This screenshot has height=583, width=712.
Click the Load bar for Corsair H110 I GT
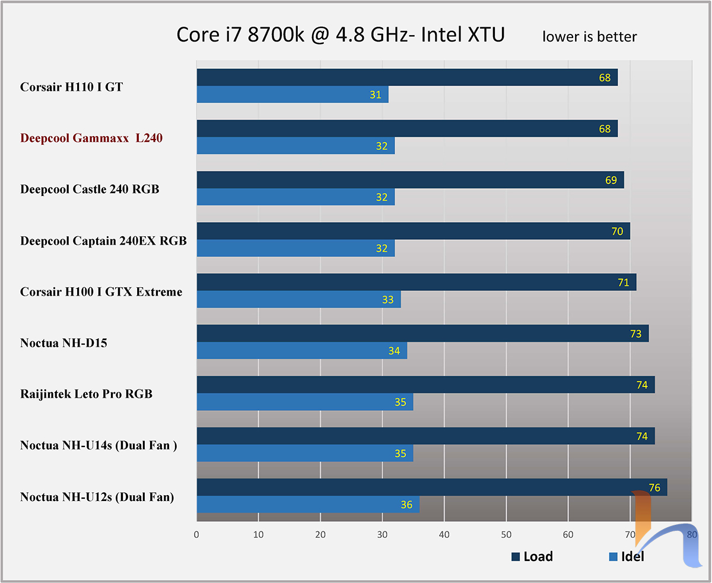[407, 77]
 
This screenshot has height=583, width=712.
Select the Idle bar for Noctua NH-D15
[301, 350]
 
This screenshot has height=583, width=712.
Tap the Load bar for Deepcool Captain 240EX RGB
[413, 231]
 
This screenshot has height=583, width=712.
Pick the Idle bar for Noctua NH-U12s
[308, 504]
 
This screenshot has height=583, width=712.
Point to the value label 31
[376, 94]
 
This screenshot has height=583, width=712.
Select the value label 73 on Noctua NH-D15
[635, 334]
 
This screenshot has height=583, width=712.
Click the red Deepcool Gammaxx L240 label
[91, 138]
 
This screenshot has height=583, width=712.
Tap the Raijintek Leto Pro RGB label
[86, 394]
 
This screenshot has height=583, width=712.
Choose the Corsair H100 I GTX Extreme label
[101, 291]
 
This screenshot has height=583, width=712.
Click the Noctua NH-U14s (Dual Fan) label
[98, 445]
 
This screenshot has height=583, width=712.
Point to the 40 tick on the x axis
[444, 534]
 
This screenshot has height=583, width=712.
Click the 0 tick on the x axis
[196, 534]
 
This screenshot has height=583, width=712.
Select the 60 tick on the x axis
[568, 534]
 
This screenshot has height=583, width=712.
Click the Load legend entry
[532, 556]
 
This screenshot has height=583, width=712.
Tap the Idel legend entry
[627, 556]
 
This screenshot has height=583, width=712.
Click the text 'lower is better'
[589, 37]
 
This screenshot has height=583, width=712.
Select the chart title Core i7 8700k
[341, 35]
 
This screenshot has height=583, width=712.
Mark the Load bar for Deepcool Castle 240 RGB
[410, 180]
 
